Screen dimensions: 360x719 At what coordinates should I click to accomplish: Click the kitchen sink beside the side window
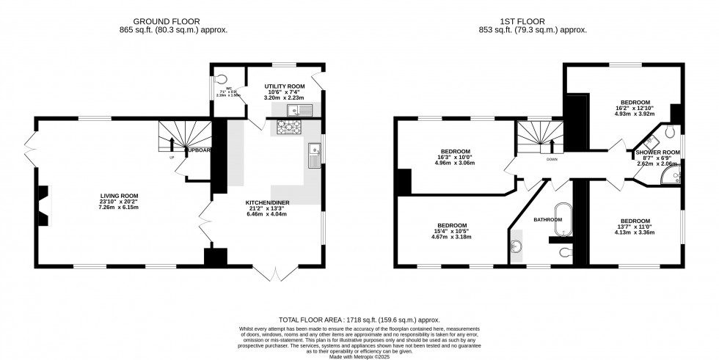(314, 156)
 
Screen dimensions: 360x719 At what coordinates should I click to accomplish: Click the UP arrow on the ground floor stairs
(172, 143)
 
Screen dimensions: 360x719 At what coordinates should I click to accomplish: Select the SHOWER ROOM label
(657, 153)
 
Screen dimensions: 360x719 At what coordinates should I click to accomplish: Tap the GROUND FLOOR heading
(174, 21)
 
